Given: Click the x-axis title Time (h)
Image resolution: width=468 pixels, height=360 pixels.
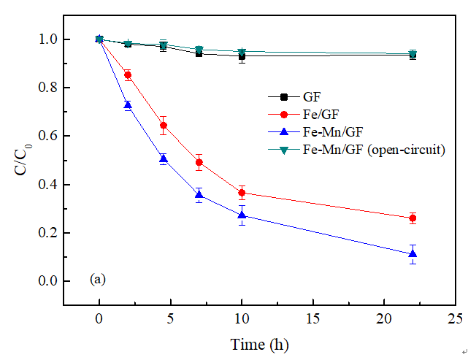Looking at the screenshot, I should click(260, 344).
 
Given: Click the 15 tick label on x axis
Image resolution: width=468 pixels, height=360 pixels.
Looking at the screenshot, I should click(312, 319).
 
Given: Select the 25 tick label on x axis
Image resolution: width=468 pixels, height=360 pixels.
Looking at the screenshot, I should click(455, 319).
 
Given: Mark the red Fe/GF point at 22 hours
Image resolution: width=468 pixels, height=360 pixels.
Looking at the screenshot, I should click(413, 218).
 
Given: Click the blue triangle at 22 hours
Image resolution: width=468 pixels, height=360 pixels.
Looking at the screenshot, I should click(413, 254).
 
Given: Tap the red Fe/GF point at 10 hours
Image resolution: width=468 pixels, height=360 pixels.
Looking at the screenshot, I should click(242, 193).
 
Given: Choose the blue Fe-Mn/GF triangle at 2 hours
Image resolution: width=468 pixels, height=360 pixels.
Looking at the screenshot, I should click(128, 105).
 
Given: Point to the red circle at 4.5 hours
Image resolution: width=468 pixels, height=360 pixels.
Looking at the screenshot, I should click(164, 126).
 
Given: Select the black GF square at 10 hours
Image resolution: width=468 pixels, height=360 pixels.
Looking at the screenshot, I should click(242, 55).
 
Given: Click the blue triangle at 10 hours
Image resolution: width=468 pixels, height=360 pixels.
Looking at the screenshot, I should click(242, 215).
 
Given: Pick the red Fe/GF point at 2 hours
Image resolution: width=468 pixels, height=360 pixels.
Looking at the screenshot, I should click(128, 74).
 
